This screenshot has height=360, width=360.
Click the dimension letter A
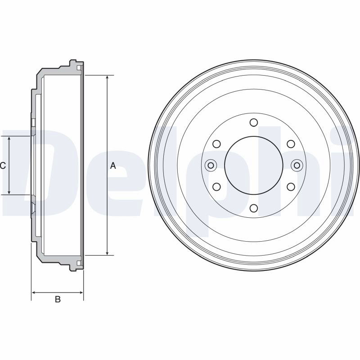[113, 166]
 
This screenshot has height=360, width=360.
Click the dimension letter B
[58, 299]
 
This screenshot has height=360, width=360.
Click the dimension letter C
[3, 166]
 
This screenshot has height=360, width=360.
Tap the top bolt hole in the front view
[254, 122]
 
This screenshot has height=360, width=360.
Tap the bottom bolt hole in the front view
[254, 208]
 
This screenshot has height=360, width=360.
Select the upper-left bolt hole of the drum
[216, 144]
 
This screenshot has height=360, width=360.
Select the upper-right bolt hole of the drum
[291, 144]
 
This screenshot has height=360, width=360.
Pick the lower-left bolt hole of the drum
[216, 187]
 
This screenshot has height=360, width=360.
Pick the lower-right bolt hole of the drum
[291, 187]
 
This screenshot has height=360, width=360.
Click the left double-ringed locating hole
[211, 165]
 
